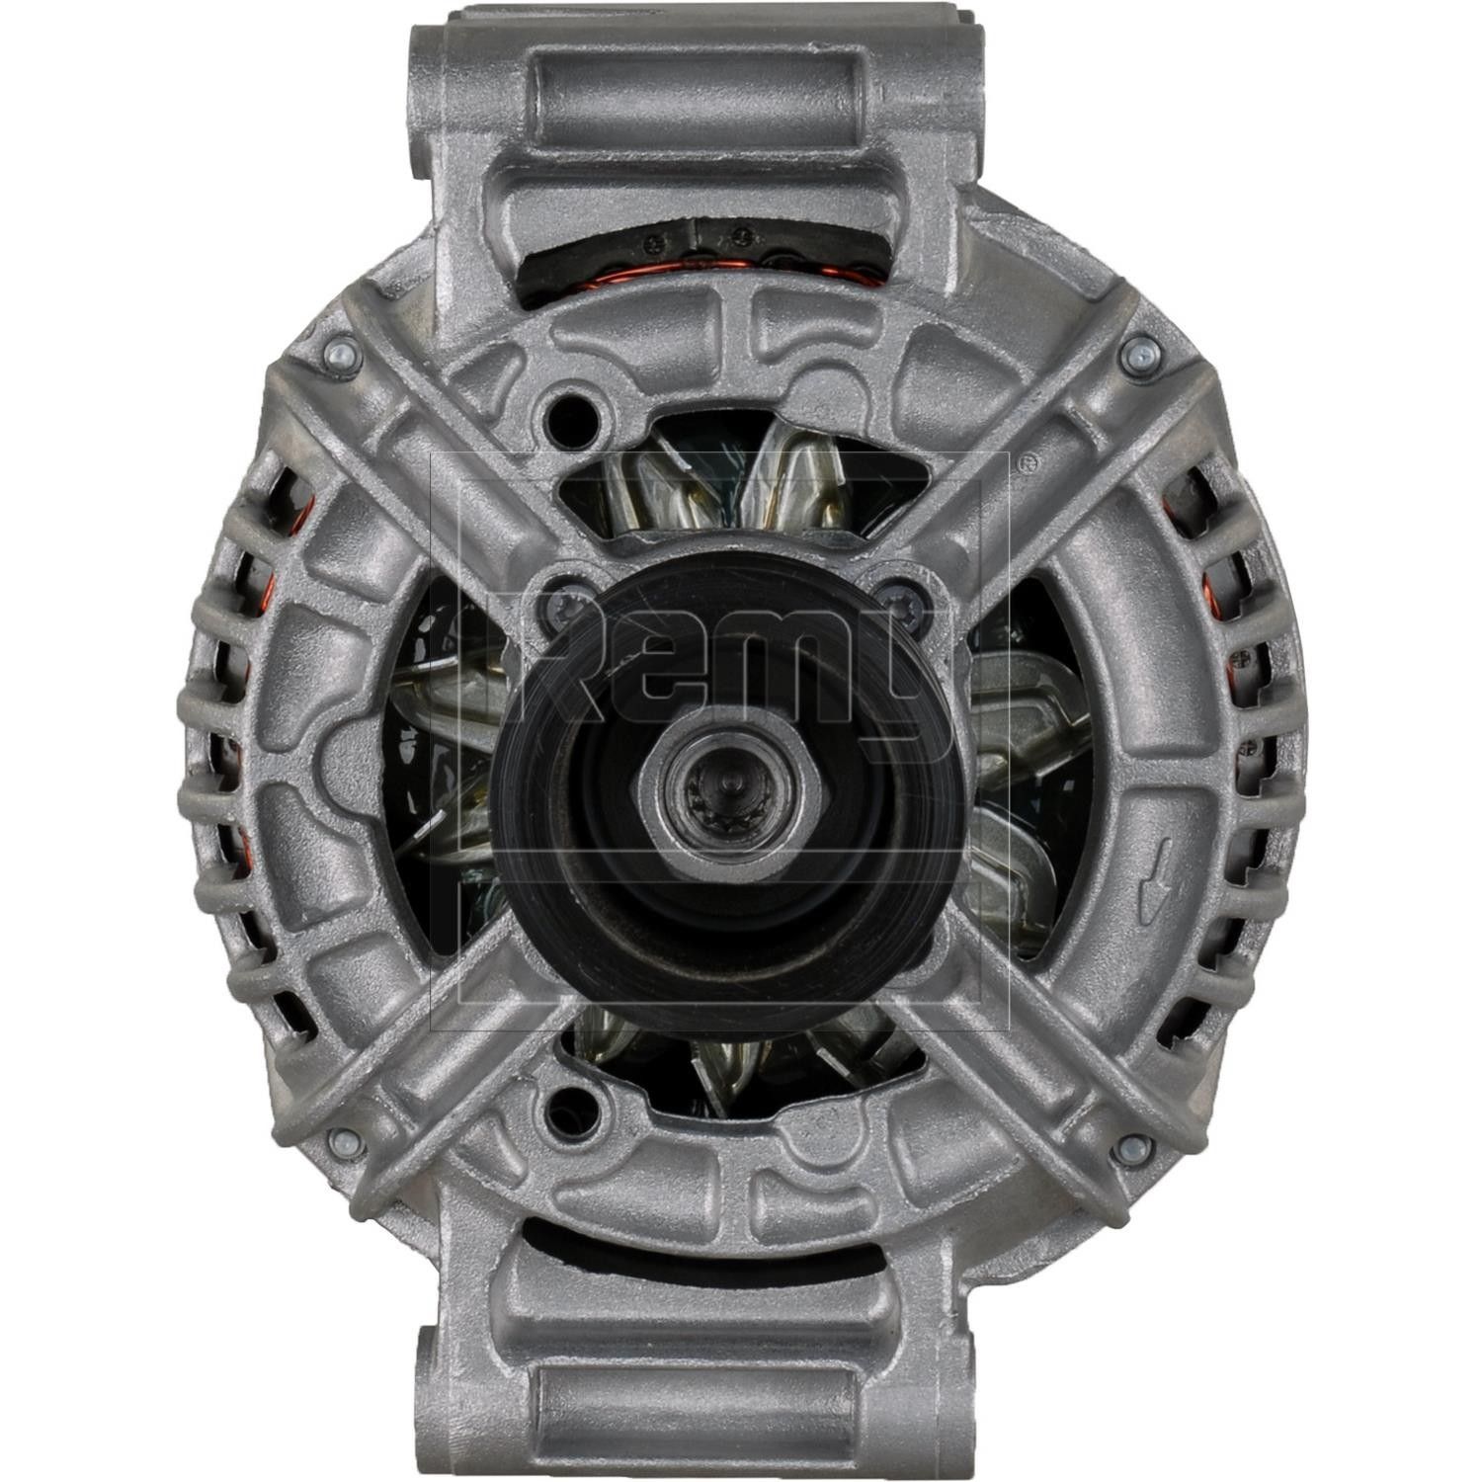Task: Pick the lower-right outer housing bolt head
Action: coord(1135,1148)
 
